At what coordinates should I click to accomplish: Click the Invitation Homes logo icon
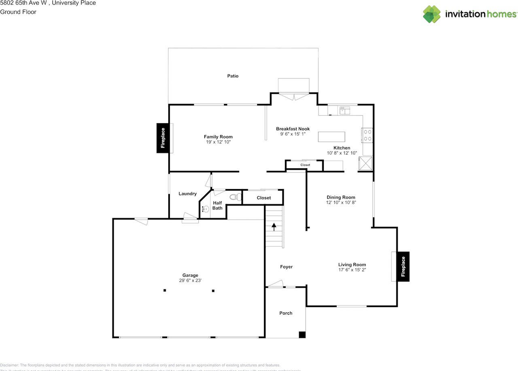tap(432, 14)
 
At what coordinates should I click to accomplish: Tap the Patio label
tap(233, 76)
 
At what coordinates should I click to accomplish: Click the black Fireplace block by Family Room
tap(163, 138)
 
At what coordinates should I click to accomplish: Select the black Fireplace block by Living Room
tap(403, 266)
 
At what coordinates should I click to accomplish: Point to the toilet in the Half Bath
tap(235, 197)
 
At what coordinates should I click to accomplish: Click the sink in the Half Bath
tap(205, 209)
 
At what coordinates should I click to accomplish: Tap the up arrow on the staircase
tap(274, 227)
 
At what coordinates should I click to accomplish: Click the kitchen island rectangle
tap(332, 137)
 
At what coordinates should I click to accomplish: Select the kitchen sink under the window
tap(345, 110)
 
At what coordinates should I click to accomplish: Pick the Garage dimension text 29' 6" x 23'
tap(190, 280)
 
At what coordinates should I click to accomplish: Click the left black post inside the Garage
tap(165, 290)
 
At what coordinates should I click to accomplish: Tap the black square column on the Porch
tap(302, 335)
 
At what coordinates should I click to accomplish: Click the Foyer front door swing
tap(275, 284)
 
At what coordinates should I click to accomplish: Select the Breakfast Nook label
tap(293, 129)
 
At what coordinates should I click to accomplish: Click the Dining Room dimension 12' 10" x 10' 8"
tap(341, 202)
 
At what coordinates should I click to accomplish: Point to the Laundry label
tap(187, 194)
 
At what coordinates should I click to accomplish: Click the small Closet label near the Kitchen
tap(305, 165)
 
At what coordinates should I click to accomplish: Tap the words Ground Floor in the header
tap(18, 12)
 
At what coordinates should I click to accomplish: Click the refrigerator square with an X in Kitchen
tap(366, 164)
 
